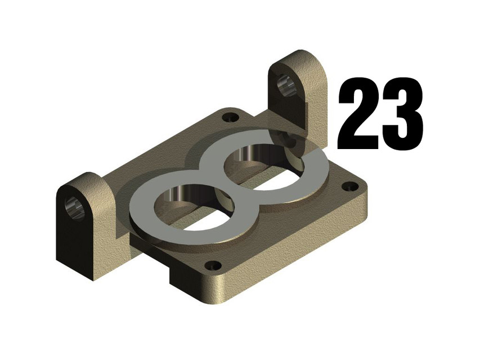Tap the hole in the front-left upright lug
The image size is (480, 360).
[x=75, y=208]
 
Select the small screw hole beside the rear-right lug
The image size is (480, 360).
[x=230, y=118]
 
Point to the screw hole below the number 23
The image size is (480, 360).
[x=349, y=186]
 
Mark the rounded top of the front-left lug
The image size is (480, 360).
[x=84, y=180]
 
